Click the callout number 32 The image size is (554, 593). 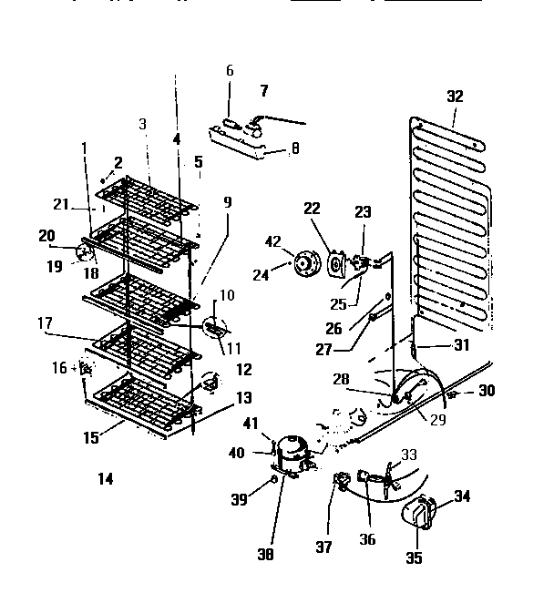pyautogui.click(x=456, y=97)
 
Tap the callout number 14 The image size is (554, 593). pyautogui.click(x=106, y=478)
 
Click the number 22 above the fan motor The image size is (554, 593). pyautogui.click(x=312, y=209)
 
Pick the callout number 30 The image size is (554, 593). pyautogui.click(x=487, y=391)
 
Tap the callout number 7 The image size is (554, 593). pyautogui.click(x=264, y=90)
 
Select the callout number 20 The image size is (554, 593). pyautogui.click(x=47, y=235)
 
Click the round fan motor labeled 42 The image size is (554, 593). pyautogui.click(x=301, y=264)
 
